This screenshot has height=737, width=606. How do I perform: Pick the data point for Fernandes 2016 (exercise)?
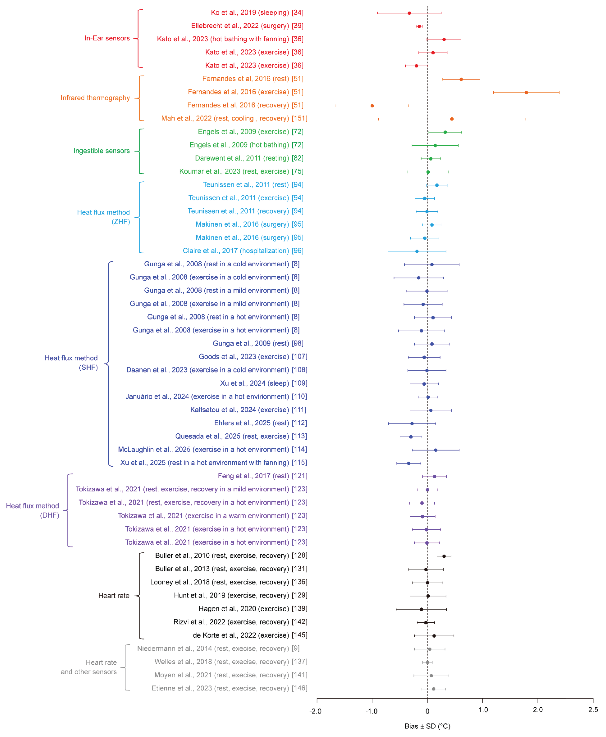[526, 92]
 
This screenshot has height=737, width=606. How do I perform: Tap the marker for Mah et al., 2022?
[452, 119]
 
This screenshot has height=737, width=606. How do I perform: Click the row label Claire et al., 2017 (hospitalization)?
[236, 251]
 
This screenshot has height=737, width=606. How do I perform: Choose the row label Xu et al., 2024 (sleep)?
[254, 383]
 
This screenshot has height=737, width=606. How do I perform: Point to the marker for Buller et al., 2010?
[444, 556]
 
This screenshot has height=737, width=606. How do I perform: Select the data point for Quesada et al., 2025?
[411, 437]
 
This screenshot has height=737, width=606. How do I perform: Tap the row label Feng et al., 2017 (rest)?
[253, 476]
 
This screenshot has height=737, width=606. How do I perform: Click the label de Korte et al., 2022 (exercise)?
[241, 635]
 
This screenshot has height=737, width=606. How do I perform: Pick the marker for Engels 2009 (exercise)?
[445, 132]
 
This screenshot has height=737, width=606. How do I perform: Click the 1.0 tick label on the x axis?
[483, 710]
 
